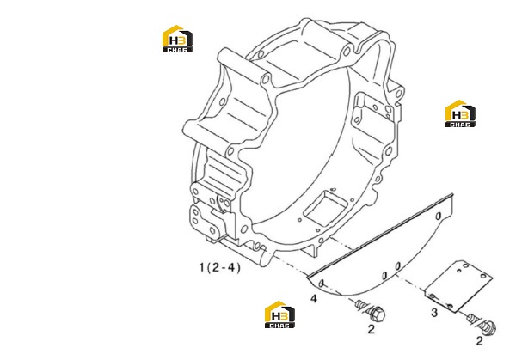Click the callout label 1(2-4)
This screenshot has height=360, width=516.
point(220,267)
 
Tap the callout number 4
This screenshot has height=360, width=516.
point(314,298)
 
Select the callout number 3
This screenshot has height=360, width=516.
point(434,313)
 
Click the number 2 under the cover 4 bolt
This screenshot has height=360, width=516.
point(371,329)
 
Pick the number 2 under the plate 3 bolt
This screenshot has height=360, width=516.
point(479,341)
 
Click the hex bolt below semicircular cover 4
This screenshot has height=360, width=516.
point(370,310)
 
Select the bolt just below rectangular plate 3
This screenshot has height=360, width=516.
point(482,324)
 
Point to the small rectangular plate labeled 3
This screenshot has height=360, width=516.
point(458,286)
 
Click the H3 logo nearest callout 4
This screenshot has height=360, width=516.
point(279,314)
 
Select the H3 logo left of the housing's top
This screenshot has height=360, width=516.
point(177,39)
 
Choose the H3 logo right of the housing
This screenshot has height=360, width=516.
point(460,113)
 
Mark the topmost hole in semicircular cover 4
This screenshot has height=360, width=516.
point(438,216)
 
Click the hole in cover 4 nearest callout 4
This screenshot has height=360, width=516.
point(322,283)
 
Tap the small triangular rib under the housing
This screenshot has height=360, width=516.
point(311,251)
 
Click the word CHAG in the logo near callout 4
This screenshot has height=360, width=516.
point(279,326)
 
